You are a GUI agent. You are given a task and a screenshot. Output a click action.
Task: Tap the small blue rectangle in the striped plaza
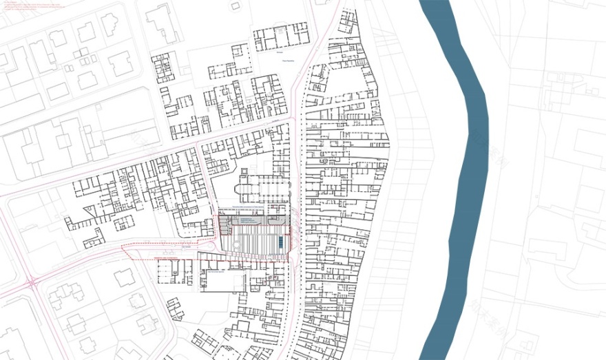(x=281, y=242)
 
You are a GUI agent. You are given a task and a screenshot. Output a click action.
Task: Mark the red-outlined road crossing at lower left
(x=33, y=283)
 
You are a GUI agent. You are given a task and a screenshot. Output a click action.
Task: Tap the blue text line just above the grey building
(x=248, y=206)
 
